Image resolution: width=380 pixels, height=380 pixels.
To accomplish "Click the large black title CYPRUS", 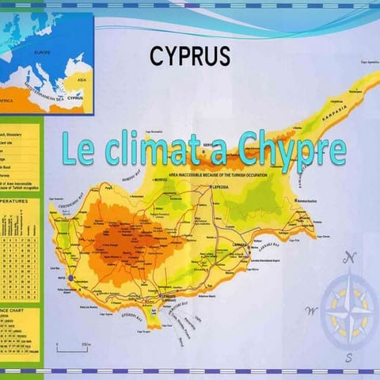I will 190,55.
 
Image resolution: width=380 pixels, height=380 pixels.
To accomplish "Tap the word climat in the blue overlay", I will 152,150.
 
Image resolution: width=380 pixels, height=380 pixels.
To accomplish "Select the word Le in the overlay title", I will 76,150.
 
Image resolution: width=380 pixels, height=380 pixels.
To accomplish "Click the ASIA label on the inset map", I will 81,79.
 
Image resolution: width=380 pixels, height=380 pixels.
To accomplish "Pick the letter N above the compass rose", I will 350,257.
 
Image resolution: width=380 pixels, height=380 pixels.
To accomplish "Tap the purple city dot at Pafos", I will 70,278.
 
